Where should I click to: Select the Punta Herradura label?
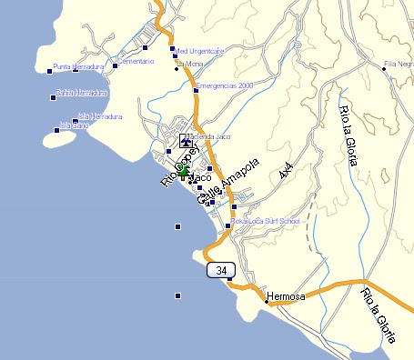[x=79, y=66]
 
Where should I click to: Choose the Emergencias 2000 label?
[x=223, y=85]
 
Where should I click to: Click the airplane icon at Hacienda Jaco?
[x=186, y=142]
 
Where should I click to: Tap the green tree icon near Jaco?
[x=183, y=170]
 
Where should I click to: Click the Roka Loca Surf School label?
[x=266, y=221]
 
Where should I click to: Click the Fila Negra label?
[x=398, y=64]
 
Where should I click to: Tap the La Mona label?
[x=191, y=64]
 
